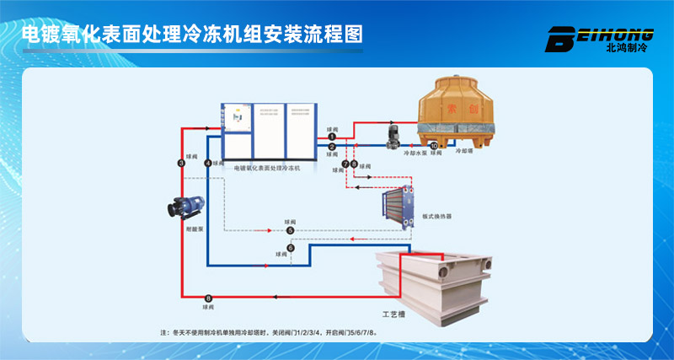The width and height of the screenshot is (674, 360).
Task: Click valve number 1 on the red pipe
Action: (x=332, y=137)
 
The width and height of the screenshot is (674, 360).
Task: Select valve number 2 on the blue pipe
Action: (x=332, y=148)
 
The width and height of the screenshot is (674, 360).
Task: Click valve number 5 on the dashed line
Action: (x=291, y=230)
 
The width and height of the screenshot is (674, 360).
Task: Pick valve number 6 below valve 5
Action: (x=291, y=248)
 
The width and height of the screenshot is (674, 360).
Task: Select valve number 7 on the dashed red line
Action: (x=345, y=163)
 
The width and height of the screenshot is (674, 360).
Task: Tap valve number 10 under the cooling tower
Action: (x=434, y=147)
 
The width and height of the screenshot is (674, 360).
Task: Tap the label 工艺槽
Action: (x=393, y=314)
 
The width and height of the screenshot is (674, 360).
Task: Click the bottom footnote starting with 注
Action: (x=269, y=333)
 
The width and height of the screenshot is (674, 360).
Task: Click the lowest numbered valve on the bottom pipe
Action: (x=208, y=298)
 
